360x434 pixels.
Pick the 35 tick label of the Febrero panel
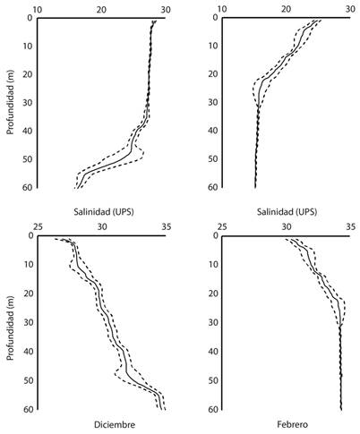pos(348,227)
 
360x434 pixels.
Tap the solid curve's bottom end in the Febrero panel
pos(341,410)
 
